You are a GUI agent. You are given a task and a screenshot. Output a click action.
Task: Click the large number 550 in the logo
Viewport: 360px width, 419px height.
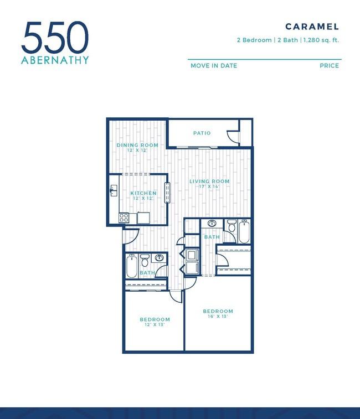click(55, 37)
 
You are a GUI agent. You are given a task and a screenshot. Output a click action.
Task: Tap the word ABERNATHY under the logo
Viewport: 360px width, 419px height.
click(55, 60)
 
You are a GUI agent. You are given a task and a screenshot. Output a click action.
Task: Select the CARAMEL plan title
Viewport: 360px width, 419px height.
click(312, 27)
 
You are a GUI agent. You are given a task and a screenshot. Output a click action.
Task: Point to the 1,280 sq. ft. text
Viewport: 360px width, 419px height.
click(321, 40)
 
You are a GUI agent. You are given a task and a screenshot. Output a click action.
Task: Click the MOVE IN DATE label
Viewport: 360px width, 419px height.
click(214, 66)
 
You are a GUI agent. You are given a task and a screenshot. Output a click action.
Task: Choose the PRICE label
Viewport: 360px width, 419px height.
click(329, 66)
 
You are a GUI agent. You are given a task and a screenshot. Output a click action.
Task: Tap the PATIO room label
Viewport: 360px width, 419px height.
click(202, 133)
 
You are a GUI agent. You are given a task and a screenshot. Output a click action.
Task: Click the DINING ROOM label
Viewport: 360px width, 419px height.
click(137, 145)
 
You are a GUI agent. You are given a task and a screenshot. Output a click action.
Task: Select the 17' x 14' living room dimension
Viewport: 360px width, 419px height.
click(209, 186)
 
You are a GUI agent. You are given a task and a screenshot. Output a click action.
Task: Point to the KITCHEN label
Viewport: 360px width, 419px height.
click(143, 193)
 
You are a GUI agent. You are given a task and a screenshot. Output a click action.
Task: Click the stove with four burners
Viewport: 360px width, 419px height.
click(124, 218)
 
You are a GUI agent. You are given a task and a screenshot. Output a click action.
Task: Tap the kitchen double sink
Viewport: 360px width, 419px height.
click(114, 190)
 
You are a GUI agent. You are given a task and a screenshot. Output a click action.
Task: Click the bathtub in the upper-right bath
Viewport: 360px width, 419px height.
click(244, 231)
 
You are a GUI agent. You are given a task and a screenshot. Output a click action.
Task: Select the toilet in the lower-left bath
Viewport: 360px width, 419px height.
click(145, 260)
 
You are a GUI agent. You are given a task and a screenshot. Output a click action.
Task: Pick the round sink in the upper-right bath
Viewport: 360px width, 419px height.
click(212, 223)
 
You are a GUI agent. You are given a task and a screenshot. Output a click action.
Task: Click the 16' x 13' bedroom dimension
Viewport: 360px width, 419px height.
click(218, 317)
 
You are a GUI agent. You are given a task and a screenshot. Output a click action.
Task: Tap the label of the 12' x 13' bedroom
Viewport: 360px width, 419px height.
click(155, 319)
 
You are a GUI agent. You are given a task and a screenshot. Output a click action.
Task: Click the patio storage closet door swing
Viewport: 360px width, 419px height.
click(233, 137)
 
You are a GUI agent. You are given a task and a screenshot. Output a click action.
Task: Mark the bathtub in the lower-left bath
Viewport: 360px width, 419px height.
click(132, 266)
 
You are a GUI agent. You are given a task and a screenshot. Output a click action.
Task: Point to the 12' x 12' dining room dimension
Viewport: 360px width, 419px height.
click(137, 150)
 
